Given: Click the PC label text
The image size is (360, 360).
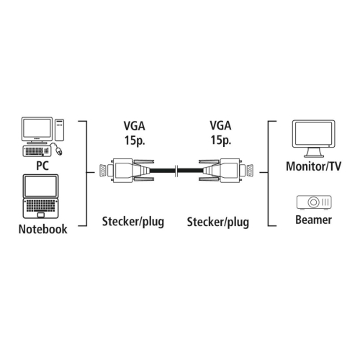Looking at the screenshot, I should [x=42, y=165].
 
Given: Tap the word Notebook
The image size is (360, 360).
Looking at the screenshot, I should [x=42, y=230].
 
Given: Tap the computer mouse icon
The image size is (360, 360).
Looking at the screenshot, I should [x=58, y=152].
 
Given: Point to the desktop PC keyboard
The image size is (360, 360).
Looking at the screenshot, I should [x=34, y=153].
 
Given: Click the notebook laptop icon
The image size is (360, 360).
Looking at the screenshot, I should [x=42, y=199].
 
